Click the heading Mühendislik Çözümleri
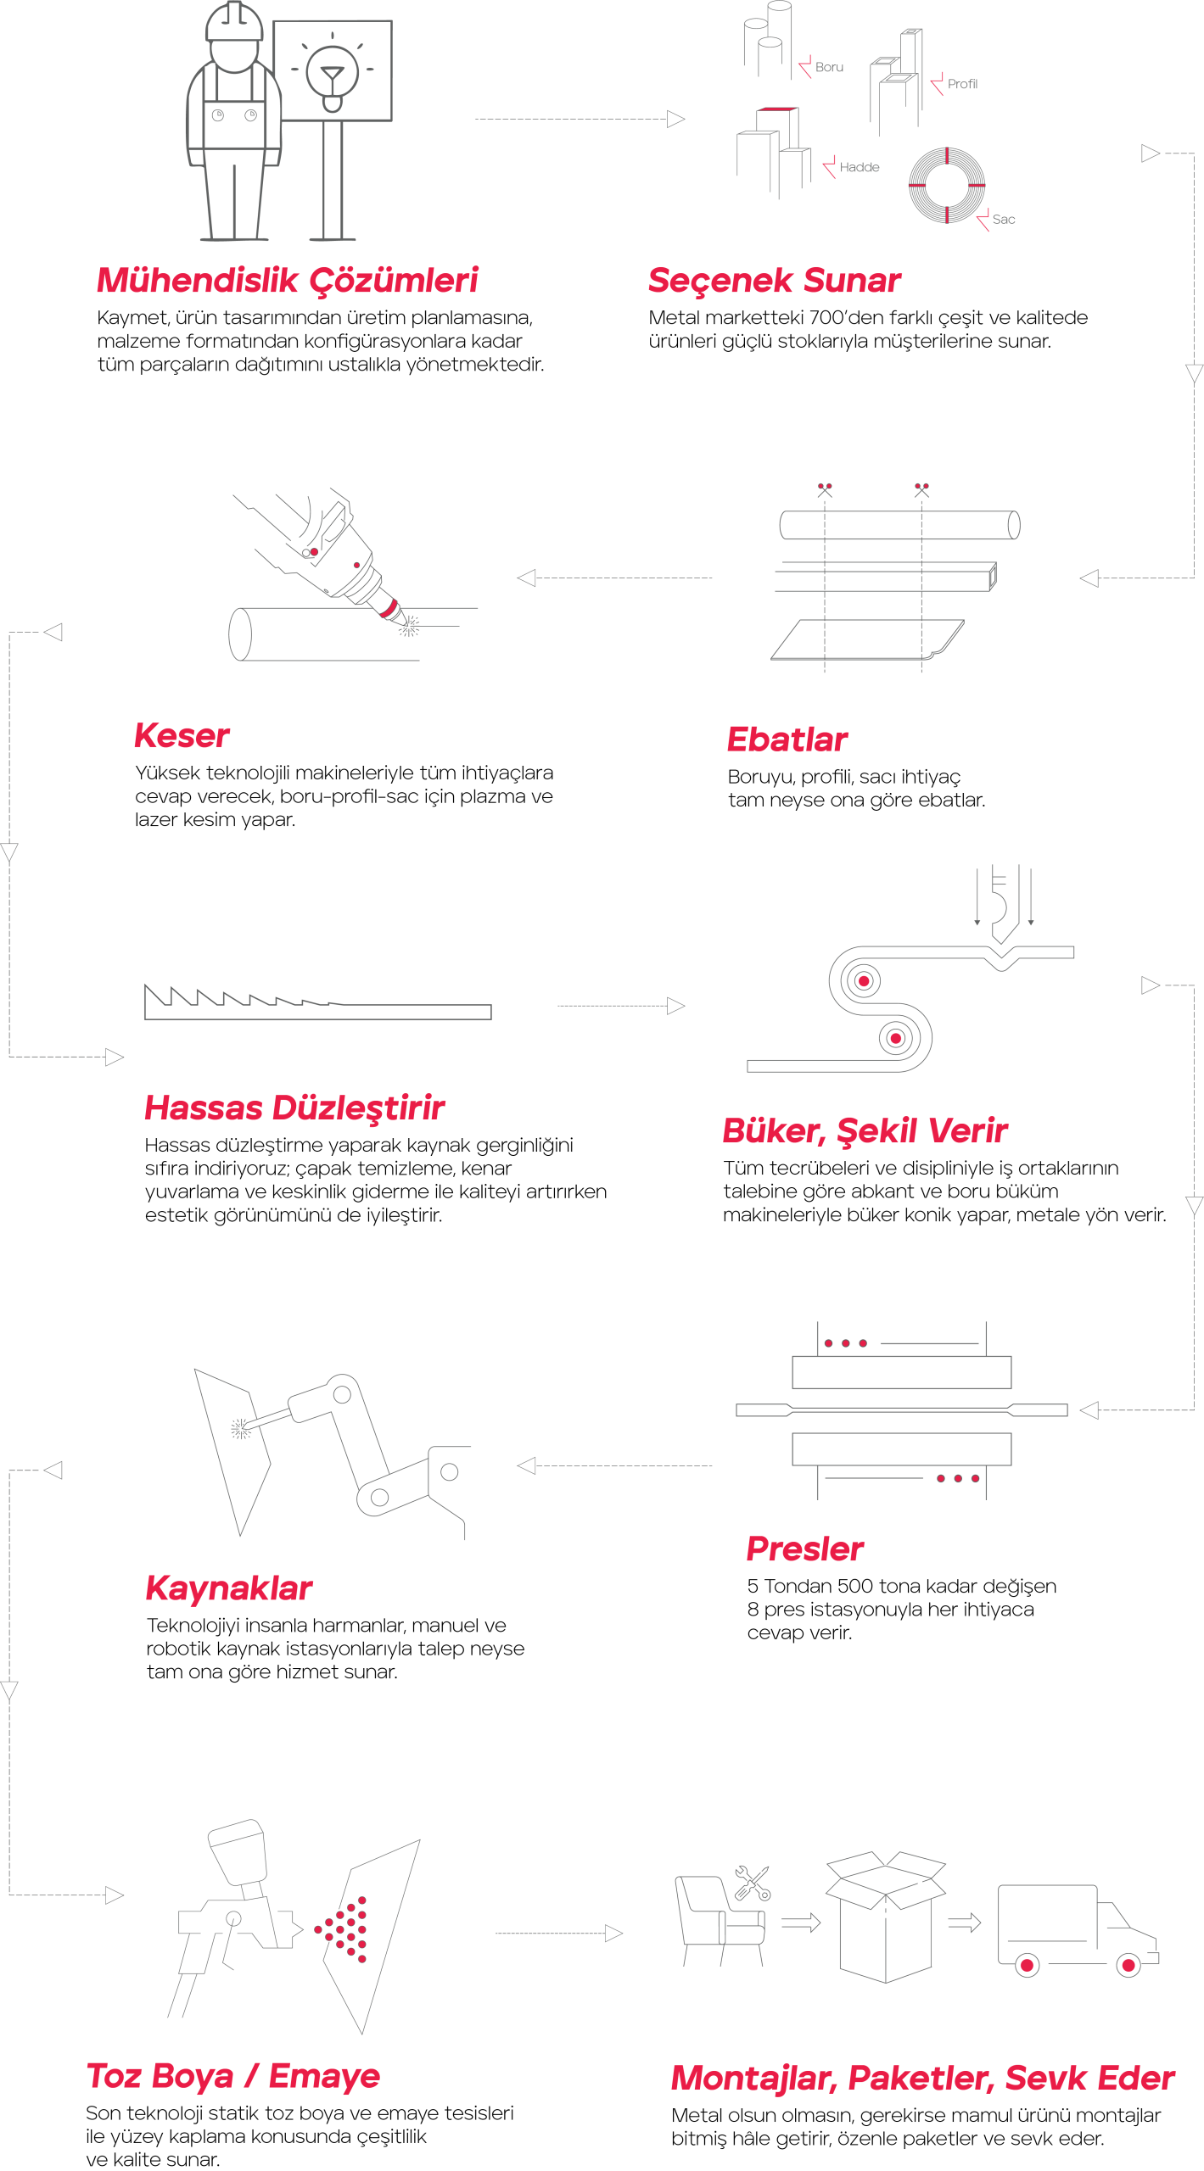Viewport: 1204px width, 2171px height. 287,281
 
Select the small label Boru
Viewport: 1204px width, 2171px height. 829,67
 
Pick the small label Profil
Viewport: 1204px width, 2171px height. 962,84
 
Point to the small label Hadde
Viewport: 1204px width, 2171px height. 860,167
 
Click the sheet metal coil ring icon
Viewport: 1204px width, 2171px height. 947,186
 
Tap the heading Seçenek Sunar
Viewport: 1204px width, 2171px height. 774,281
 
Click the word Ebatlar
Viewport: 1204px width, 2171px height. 787,739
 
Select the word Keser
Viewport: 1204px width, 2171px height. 182,736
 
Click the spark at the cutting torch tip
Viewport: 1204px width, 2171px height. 410,626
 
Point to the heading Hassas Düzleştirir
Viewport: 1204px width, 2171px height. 294,1108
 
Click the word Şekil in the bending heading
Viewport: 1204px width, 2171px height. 878,1131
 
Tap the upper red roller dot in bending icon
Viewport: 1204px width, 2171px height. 864,981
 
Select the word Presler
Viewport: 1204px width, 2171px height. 805,1549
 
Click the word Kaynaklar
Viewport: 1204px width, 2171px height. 229,1588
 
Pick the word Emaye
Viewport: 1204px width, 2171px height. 324,2075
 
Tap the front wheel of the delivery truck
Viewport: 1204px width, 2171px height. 1128,1965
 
